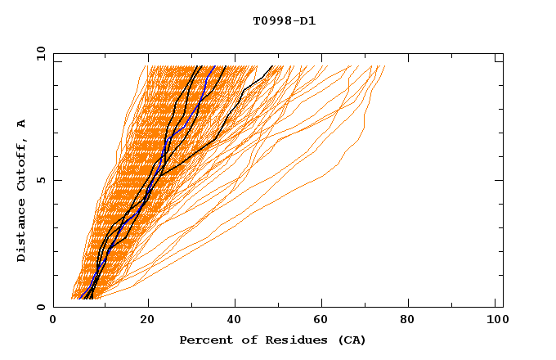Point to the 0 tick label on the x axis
(53, 321)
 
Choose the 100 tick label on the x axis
(495, 321)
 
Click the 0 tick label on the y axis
(40, 308)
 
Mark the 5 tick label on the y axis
(40, 180)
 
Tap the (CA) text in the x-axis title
(351, 340)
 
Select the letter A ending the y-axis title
(22, 123)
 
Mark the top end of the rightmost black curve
(272, 66)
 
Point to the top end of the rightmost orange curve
(384, 66)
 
